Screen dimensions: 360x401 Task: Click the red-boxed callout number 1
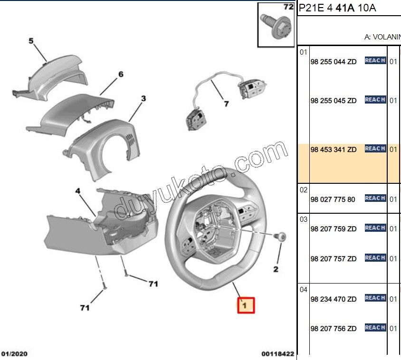(246, 305)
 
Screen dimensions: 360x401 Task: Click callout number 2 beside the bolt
(275, 270)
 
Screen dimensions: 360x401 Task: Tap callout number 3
(143, 99)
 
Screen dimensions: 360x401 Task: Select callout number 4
(78, 191)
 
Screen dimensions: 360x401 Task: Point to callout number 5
(31, 41)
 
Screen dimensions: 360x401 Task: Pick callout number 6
(121, 74)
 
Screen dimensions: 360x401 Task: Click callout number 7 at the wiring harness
(226, 103)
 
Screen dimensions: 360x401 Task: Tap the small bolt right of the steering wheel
(280, 236)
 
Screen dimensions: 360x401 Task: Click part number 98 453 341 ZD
(333, 150)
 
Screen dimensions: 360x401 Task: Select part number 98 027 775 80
(333, 199)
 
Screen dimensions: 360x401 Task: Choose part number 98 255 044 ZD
(333, 62)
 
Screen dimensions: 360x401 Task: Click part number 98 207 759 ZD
(333, 229)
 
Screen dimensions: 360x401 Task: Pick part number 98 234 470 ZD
(333, 299)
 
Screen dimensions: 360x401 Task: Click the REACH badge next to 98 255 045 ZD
(375, 100)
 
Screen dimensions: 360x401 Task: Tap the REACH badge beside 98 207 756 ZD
(375, 328)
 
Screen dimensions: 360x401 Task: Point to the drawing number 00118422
(277, 354)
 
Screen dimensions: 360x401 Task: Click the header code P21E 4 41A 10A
(337, 8)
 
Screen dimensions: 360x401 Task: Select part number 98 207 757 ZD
(333, 259)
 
